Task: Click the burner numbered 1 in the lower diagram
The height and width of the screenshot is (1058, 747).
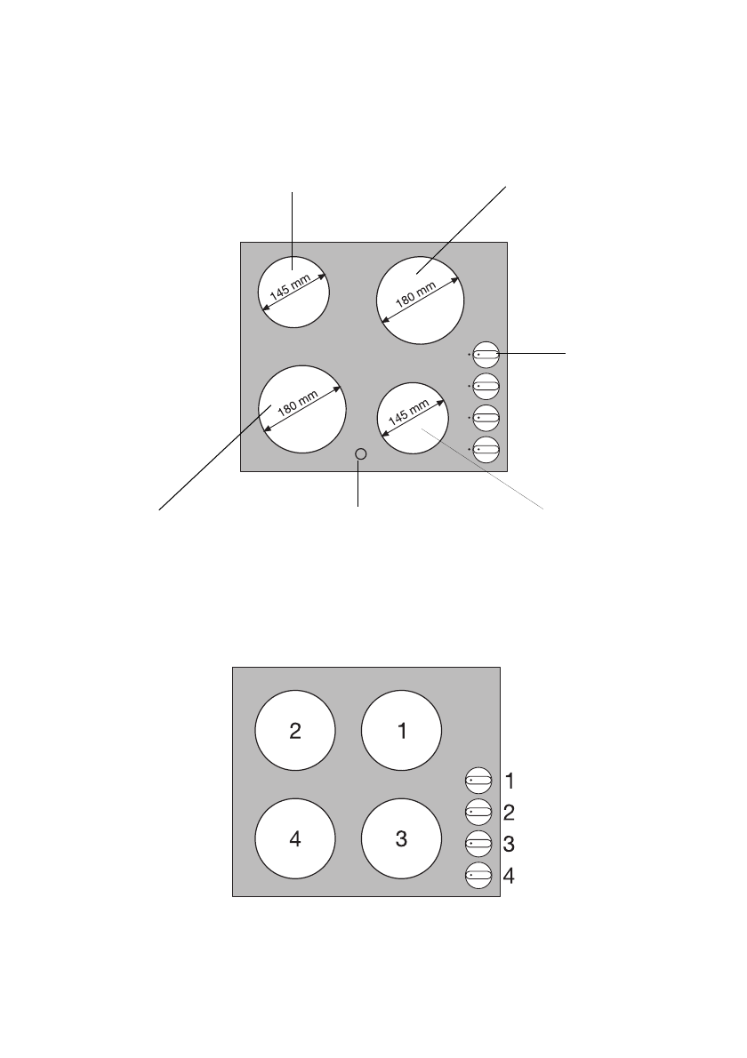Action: click(x=401, y=731)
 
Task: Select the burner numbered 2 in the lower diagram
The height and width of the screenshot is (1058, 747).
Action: click(x=295, y=731)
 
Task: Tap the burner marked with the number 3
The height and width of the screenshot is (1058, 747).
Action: click(x=401, y=838)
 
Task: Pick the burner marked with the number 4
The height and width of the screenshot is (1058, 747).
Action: click(x=295, y=838)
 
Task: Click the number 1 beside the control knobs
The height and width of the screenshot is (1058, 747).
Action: click(x=510, y=781)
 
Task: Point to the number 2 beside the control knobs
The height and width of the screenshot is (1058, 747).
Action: click(x=510, y=812)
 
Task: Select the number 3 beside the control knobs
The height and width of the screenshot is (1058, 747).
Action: click(x=510, y=844)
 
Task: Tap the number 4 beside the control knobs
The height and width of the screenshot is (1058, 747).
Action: click(x=510, y=876)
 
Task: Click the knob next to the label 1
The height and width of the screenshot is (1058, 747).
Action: click(x=478, y=781)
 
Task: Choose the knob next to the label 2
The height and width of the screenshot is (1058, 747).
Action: click(x=478, y=813)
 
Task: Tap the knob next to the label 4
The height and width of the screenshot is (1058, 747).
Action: click(x=478, y=877)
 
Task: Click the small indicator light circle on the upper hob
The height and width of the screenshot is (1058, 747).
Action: click(x=360, y=454)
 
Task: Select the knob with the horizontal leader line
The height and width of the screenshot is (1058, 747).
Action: click(x=486, y=354)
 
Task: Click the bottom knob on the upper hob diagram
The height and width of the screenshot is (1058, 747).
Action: click(x=486, y=450)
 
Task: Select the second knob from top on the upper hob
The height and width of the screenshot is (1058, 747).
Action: click(x=486, y=386)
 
